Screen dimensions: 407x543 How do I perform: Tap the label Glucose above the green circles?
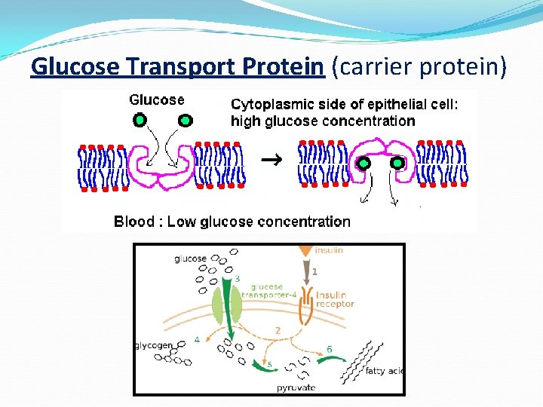[157, 99]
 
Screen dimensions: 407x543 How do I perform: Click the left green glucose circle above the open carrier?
[140, 119]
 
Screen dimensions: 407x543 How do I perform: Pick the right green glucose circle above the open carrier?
[185, 119]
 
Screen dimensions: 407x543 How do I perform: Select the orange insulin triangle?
[305, 249]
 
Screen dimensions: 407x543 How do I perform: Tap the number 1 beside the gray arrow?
[315, 271]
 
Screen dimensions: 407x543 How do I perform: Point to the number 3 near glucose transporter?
[237, 280]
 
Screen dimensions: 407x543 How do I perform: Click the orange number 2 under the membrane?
[278, 330]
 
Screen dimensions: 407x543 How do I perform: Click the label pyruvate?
[296, 387]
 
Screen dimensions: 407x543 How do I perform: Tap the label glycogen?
[153, 345]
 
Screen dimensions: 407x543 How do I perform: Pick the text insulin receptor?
[334, 299]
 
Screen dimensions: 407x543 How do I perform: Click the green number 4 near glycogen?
[197, 340]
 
